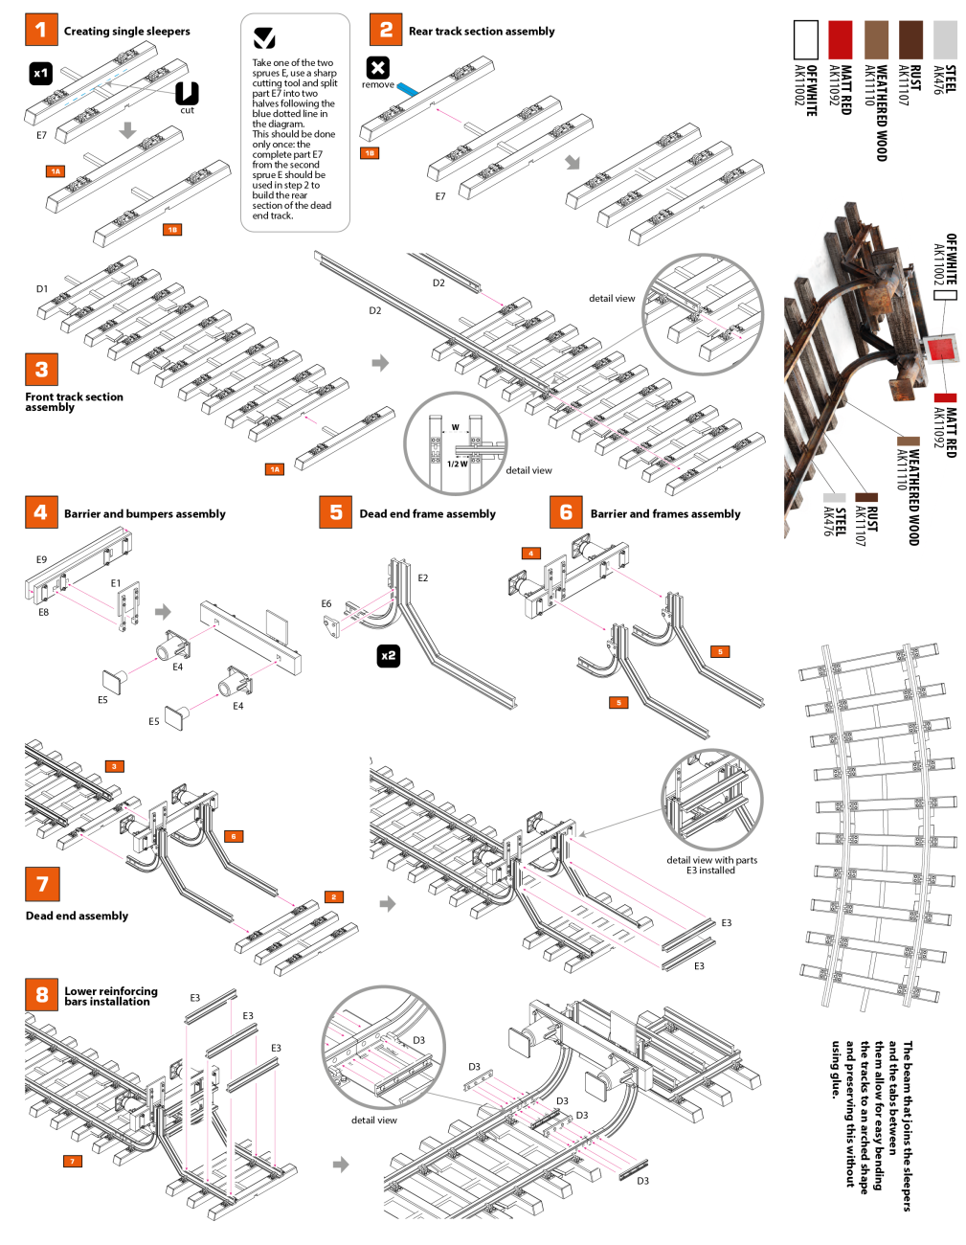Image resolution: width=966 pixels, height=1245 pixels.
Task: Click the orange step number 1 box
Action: click(x=41, y=30)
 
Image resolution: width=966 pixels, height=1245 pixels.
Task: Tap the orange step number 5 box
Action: click(x=335, y=511)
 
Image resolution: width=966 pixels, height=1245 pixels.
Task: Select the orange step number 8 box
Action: click(x=42, y=994)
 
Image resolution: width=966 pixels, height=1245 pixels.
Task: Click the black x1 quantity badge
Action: click(x=40, y=74)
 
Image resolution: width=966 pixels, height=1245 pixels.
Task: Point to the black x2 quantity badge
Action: click(x=389, y=655)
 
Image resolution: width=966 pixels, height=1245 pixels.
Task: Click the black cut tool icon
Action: click(x=187, y=93)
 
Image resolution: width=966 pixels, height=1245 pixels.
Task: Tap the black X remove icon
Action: click(x=378, y=68)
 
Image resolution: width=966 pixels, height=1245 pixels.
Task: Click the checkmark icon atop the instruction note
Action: click(x=264, y=37)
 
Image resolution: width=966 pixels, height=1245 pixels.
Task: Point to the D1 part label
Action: click(x=42, y=289)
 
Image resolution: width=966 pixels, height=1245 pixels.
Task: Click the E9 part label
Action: click(x=41, y=559)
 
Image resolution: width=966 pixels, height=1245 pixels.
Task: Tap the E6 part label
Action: click(x=326, y=603)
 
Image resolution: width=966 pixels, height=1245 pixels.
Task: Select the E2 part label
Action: click(x=422, y=577)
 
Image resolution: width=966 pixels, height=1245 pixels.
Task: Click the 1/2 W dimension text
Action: click(x=457, y=464)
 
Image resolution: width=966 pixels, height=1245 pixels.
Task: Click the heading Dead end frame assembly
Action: click(x=427, y=513)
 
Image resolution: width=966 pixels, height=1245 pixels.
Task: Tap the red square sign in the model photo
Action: click(x=939, y=349)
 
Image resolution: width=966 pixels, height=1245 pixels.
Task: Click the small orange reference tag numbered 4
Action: click(x=530, y=553)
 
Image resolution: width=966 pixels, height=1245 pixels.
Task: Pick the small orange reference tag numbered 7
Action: click(x=72, y=1162)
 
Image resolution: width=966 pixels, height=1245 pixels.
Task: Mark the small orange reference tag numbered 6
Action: click(x=233, y=836)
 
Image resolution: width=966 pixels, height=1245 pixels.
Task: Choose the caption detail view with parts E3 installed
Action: click(x=711, y=865)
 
